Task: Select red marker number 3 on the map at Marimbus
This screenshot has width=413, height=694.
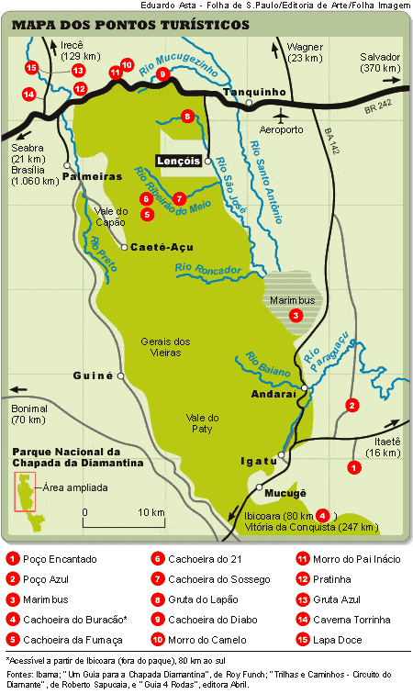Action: [x=296, y=315]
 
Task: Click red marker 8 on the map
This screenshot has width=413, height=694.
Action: [x=187, y=116]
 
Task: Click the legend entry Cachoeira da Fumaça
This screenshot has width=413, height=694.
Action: [x=57, y=640]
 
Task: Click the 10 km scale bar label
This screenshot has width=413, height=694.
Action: [x=151, y=511]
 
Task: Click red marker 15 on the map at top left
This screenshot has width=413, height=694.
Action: [x=31, y=67]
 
